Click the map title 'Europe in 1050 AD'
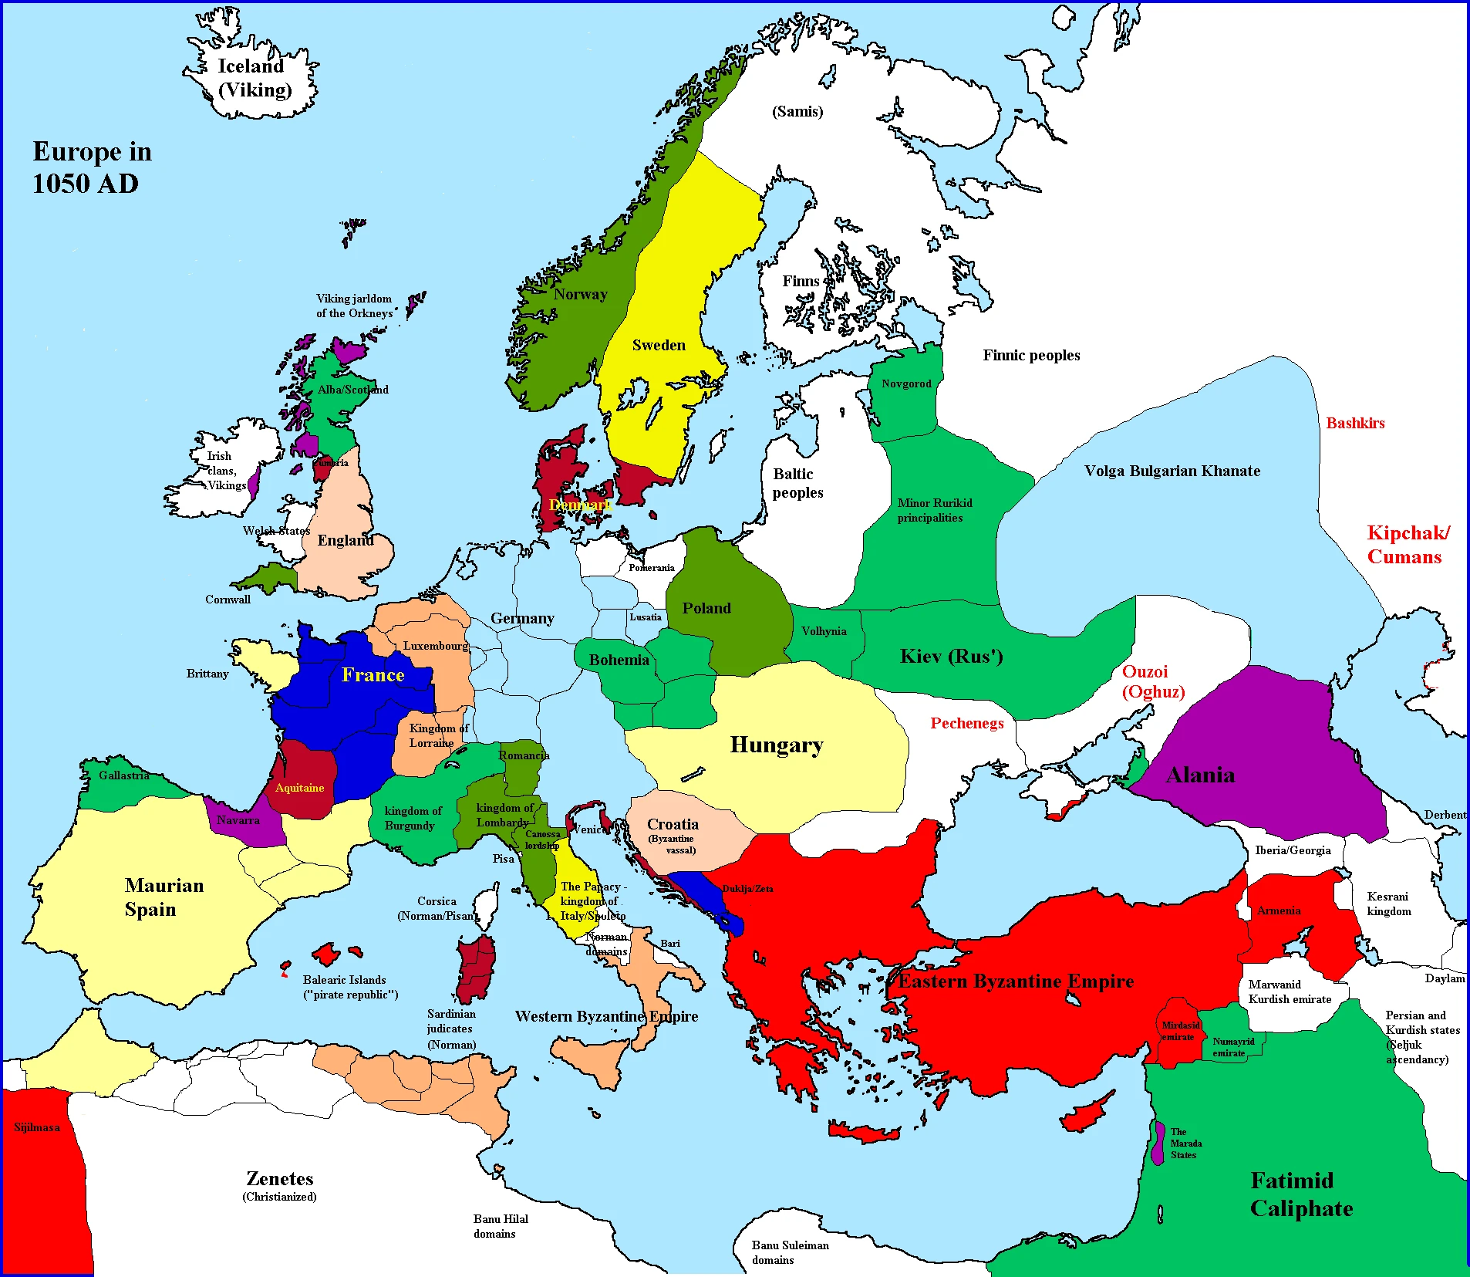click(91, 167)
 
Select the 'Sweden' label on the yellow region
click(658, 346)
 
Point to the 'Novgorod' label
click(906, 383)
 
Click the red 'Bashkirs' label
click(1355, 423)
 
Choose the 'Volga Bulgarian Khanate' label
click(1172, 471)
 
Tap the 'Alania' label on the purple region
click(1200, 775)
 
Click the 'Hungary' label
click(776, 745)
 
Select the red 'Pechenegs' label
click(966, 723)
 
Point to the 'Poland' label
click(706, 608)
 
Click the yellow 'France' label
click(373, 675)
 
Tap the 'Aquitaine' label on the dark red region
click(299, 788)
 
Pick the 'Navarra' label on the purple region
click(238, 820)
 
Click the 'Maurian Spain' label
click(164, 897)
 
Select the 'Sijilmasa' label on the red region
click(36, 1127)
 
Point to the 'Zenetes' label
click(279, 1179)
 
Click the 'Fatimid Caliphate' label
click(1300, 1194)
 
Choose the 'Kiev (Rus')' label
click(951, 657)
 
